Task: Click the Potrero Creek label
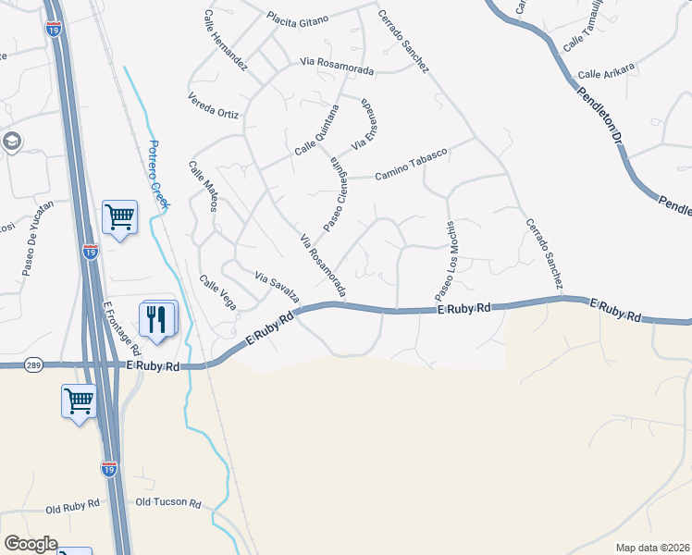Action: pos(158,176)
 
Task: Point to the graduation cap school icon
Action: pos(12,142)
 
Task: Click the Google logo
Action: pos(31,544)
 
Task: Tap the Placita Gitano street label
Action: pos(298,18)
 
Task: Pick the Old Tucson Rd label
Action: pos(167,502)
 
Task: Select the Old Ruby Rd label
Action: pos(72,507)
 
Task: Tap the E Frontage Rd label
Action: pos(121,328)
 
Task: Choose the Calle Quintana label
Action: pos(317,131)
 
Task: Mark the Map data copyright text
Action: pos(652,548)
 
